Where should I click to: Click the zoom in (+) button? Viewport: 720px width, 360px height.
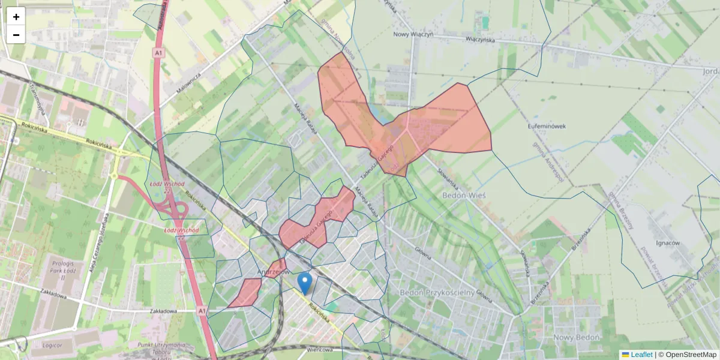click(16, 16)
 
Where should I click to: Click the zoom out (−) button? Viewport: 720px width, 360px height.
click(16, 35)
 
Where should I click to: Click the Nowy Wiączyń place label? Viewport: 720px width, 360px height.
click(413, 34)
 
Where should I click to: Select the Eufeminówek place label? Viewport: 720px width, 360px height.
click(547, 126)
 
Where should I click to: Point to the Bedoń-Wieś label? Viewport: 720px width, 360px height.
click(464, 196)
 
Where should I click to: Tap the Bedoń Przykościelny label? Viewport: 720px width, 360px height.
click(437, 292)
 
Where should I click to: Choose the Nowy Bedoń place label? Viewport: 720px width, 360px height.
click(577, 337)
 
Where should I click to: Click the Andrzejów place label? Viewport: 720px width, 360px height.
click(273, 272)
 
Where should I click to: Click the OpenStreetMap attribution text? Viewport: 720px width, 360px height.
click(688, 355)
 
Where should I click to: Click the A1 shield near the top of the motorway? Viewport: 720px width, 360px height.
click(158, 53)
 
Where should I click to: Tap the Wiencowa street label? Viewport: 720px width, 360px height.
click(319, 350)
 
